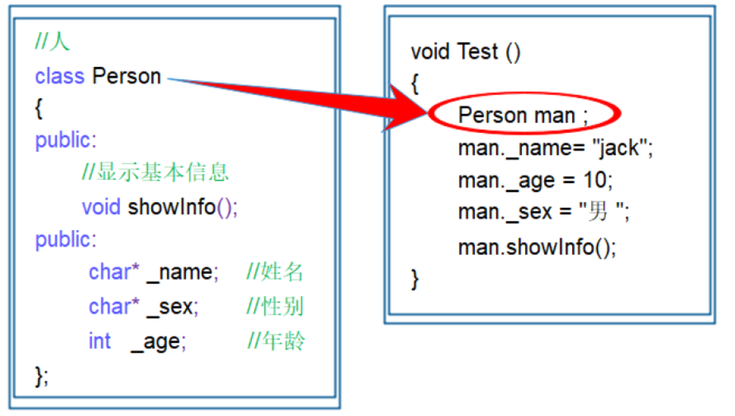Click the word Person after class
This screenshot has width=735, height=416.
tap(126, 77)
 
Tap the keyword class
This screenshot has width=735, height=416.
tap(59, 77)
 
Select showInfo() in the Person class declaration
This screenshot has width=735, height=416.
tap(182, 207)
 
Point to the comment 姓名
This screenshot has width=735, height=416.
tap(282, 272)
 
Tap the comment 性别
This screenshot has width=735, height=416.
tap(282, 306)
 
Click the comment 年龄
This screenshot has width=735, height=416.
tap(284, 341)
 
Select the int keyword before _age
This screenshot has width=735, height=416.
tap(100, 341)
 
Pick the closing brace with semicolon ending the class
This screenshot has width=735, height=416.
tap(41, 375)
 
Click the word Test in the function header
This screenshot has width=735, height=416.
tap(478, 52)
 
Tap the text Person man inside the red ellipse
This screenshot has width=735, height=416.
tap(516, 115)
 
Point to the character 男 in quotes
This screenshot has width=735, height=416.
tap(598, 212)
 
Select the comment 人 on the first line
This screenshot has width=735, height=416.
tap(62, 43)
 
